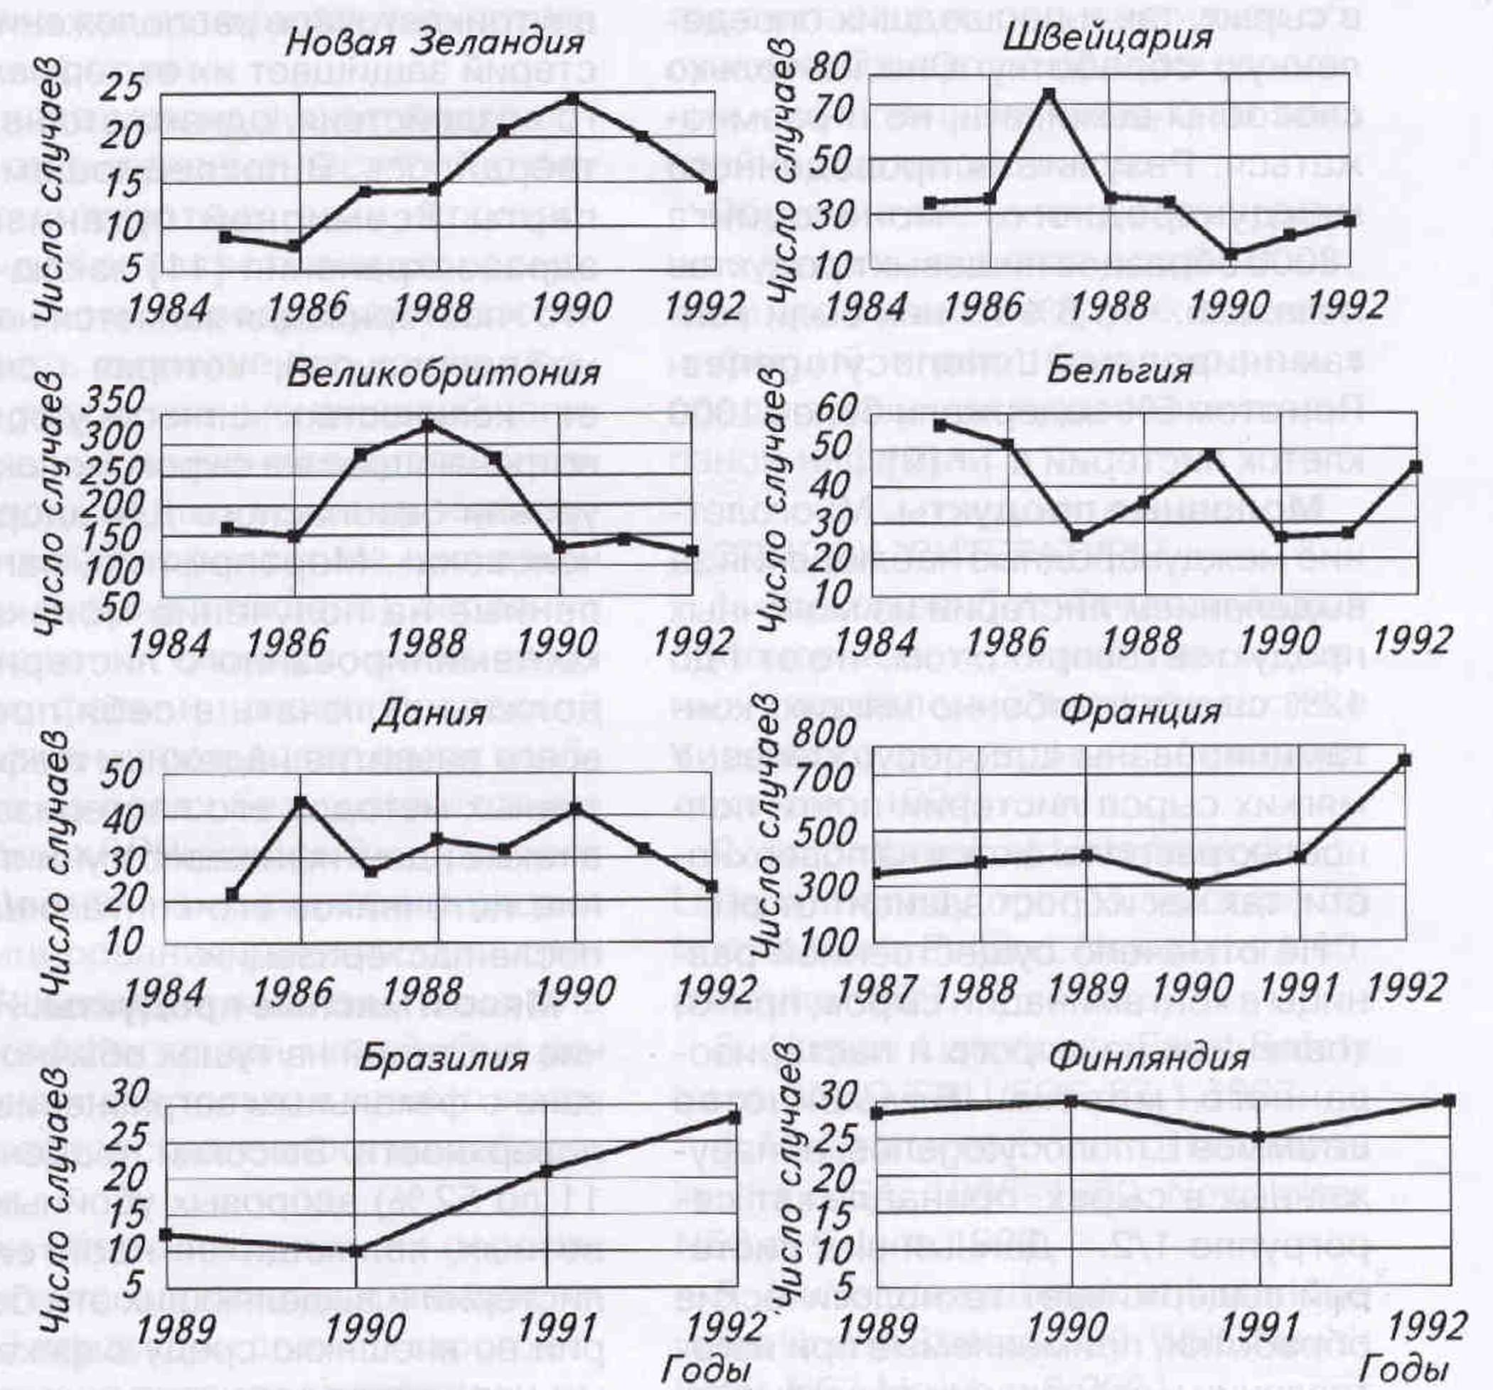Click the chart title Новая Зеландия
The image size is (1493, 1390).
[434, 42]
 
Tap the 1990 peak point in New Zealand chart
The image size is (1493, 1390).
[573, 99]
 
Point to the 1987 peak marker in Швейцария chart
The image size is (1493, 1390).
[1049, 94]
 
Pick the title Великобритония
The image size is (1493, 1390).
[443, 373]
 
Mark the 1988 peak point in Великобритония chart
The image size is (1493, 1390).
[427, 425]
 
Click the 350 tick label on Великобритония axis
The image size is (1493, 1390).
[112, 402]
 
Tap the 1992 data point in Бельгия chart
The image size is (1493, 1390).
[1416, 467]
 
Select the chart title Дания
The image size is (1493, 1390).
[429, 711]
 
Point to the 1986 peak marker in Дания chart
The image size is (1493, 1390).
[301, 801]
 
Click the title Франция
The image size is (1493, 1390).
[1141, 710]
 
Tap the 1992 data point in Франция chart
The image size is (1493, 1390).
[1404, 760]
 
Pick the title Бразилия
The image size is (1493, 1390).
[443, 1058]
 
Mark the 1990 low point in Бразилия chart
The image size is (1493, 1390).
[356, 1252]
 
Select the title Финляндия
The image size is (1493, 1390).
[1148, 1058]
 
